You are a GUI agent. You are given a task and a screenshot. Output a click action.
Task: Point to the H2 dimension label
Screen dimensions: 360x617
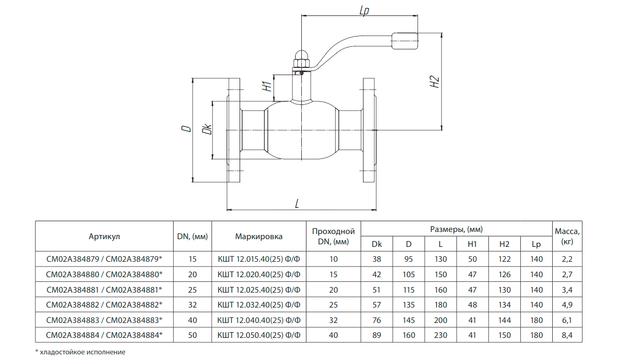[x=434, y=81]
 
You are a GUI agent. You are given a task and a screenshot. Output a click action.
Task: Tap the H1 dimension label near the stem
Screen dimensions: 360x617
[x=266, y=86]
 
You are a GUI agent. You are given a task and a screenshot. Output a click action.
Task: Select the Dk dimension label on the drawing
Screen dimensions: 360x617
[x=207, y=130]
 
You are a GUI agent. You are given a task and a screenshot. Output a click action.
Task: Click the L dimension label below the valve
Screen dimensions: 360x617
[x=297, y=204]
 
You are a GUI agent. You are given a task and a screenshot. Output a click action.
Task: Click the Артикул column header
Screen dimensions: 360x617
[x=104, y=237]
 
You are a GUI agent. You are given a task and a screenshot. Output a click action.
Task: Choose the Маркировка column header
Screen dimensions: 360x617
[x=259, y=237]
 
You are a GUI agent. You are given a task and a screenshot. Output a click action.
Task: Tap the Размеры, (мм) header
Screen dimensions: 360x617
[x=456, y=229]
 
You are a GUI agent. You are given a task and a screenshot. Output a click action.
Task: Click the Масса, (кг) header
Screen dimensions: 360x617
[x=568, y=236]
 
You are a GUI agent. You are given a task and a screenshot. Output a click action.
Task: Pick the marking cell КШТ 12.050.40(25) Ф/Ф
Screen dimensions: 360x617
[x=259, y=335]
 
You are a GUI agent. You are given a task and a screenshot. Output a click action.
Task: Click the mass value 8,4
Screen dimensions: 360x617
[x=568, y=335]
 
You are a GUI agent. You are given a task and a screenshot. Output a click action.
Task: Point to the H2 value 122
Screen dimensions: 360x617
[x=504, y=259]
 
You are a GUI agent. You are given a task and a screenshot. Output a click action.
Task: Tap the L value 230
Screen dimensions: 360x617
[x=441, y=335]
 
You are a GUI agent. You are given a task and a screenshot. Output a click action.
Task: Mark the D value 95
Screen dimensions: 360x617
[x=409, y=259]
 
